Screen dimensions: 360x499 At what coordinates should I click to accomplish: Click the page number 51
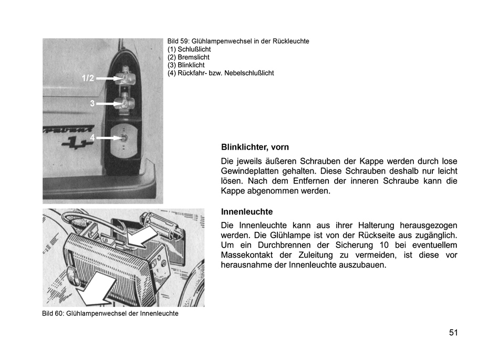pos(453,333)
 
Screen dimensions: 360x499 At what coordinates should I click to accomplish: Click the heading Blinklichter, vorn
pos(255,147)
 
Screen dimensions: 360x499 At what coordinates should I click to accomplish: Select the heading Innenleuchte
pos(247,212)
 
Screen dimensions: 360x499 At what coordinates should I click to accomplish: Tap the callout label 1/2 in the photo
pos(88,78)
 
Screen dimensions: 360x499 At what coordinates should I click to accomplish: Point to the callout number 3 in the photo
pos(92,103)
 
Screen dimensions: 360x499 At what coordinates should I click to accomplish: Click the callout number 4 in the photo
pos(92,137)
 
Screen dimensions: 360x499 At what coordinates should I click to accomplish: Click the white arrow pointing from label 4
pos(109,138)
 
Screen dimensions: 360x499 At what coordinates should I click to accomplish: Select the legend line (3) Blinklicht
pos(186,65)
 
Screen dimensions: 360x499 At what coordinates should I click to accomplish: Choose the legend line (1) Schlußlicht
pos(189,49)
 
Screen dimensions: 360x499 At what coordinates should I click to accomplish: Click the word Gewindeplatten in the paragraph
pos(249,171)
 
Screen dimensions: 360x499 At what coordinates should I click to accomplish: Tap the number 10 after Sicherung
pos(383,245)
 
